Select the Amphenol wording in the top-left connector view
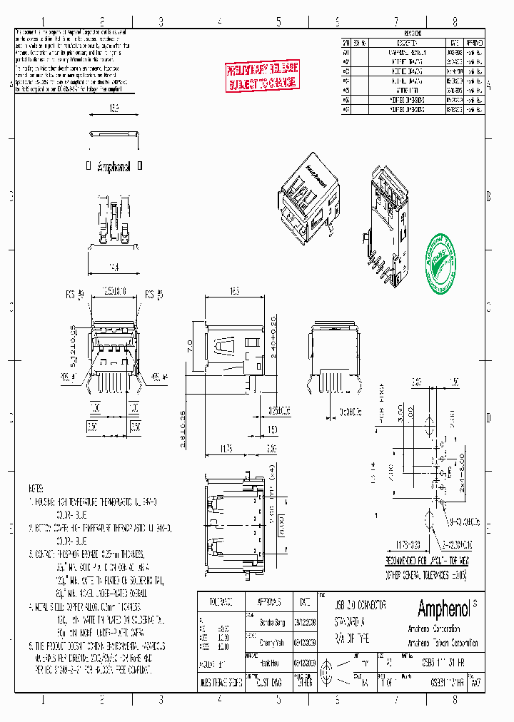point(113,166)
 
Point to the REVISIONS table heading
point(413,34)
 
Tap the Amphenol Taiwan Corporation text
point(443,643)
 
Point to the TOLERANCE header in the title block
point(219,601)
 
